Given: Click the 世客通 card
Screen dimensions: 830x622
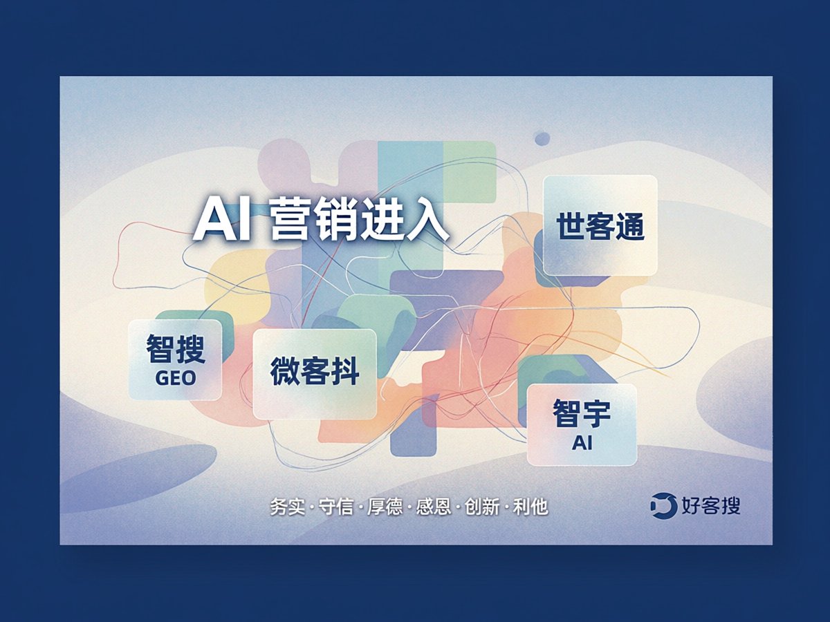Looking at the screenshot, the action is coord(600,225).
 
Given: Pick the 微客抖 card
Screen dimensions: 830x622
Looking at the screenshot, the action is coord(315,374).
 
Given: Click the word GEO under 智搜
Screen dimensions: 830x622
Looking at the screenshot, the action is coord(176,378).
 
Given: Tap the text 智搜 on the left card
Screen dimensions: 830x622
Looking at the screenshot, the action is coord(176,349).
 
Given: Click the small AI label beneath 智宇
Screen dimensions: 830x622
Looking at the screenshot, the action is coord(582,442).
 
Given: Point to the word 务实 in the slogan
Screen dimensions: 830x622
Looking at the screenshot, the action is coord(287,507).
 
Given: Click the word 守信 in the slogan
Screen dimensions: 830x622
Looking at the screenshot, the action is coord(335,507).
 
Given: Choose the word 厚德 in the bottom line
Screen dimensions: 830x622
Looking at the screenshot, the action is coord(385,507).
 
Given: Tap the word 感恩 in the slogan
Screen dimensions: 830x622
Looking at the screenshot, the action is coord(434,507).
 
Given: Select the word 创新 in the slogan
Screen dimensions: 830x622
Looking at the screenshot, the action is coord(482,507).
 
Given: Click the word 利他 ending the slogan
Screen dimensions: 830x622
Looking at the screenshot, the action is coord(531,507).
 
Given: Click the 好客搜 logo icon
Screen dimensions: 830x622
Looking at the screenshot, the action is coord(663,506).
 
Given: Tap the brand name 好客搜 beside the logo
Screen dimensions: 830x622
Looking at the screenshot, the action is coord(711,505).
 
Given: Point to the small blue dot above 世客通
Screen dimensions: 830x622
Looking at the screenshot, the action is coord(542,139).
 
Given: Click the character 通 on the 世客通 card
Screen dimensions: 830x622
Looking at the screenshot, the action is coord(629,226).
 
